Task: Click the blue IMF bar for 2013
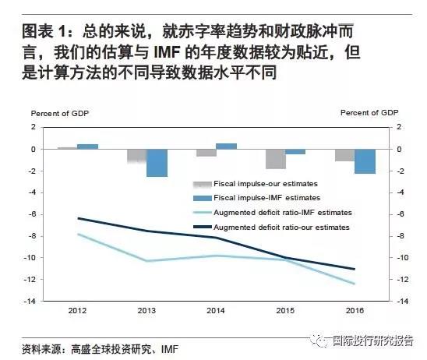click(x=157, y=163)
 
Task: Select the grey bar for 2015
click(x=276, y=159)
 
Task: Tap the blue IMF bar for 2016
click(x=365, y=161)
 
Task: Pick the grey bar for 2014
click(x=206, y=153)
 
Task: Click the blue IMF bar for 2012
click(x=88, y=146)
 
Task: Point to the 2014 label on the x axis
click(x=216, y=310)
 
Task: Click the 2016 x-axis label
click(x=355, y=310)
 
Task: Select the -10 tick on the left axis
click(x=30, y=258)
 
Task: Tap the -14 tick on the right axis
click(x=403, y=302)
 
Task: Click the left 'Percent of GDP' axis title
click(x=60, y=114)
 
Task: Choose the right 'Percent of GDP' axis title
click(x=369, y=113)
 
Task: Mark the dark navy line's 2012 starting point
click(x=78, y=218)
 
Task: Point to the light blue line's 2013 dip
click(x=147, y=261)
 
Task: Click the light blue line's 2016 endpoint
click(x=355, y=284)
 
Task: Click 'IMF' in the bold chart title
click(x=167, y=52)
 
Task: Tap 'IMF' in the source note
click(x=170, y=349)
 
